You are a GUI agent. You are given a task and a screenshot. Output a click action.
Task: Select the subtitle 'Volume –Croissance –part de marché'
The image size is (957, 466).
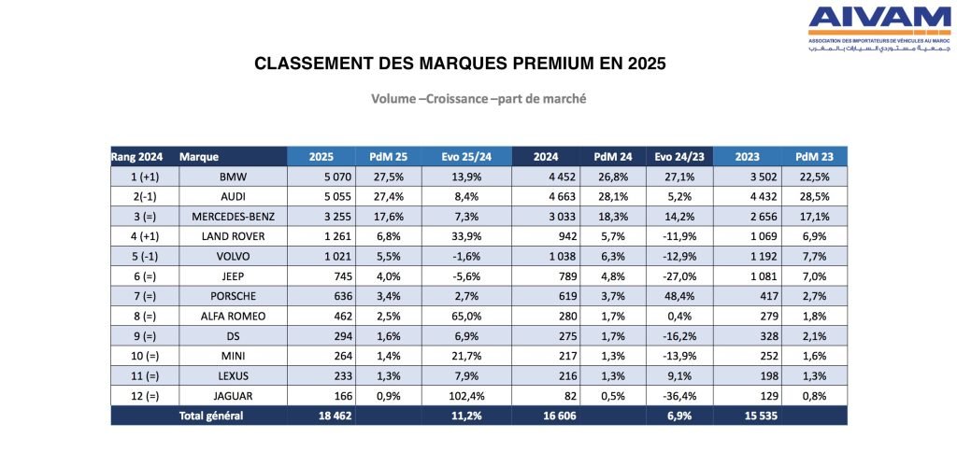[478, 98]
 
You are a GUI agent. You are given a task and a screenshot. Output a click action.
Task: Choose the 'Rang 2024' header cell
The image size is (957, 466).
[137, 156]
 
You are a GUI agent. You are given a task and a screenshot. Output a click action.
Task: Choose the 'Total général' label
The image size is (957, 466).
[211, 416]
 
